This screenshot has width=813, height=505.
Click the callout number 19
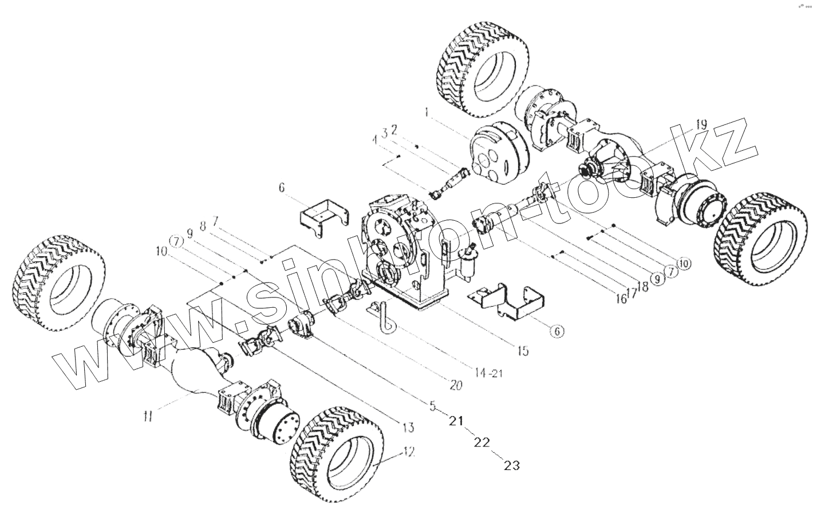click(701, 124)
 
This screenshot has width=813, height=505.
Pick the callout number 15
click(524, 350)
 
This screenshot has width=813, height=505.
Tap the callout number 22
click(483, 443)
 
